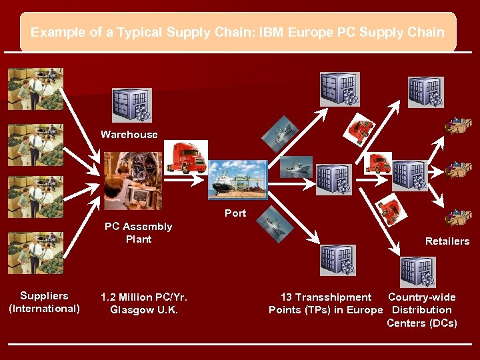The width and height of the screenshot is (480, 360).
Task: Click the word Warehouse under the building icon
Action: (129, 135)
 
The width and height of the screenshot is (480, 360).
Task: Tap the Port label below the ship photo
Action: (235, 213)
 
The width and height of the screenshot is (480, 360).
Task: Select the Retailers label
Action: (447, 241)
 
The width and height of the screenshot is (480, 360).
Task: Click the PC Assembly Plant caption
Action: (138, 233)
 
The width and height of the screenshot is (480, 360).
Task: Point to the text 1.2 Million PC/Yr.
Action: (143, 297)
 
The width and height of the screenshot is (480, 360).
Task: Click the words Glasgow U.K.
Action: (143, 309)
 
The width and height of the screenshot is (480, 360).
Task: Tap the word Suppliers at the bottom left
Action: (44, 296)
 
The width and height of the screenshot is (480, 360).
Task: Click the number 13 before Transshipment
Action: (287, 297)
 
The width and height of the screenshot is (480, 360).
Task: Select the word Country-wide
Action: (422, 297)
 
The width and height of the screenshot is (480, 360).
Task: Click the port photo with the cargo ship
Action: (237, 180)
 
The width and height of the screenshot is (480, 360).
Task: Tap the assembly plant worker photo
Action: (133, 181)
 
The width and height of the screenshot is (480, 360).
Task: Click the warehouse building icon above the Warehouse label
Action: (131, 105)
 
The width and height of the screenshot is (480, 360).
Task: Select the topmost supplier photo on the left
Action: (35, 89)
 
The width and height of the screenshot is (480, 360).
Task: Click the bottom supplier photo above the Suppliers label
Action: (35, 253)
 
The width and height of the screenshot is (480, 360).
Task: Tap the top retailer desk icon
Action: (457, 125)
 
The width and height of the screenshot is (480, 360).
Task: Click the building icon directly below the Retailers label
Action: (417, 270)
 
